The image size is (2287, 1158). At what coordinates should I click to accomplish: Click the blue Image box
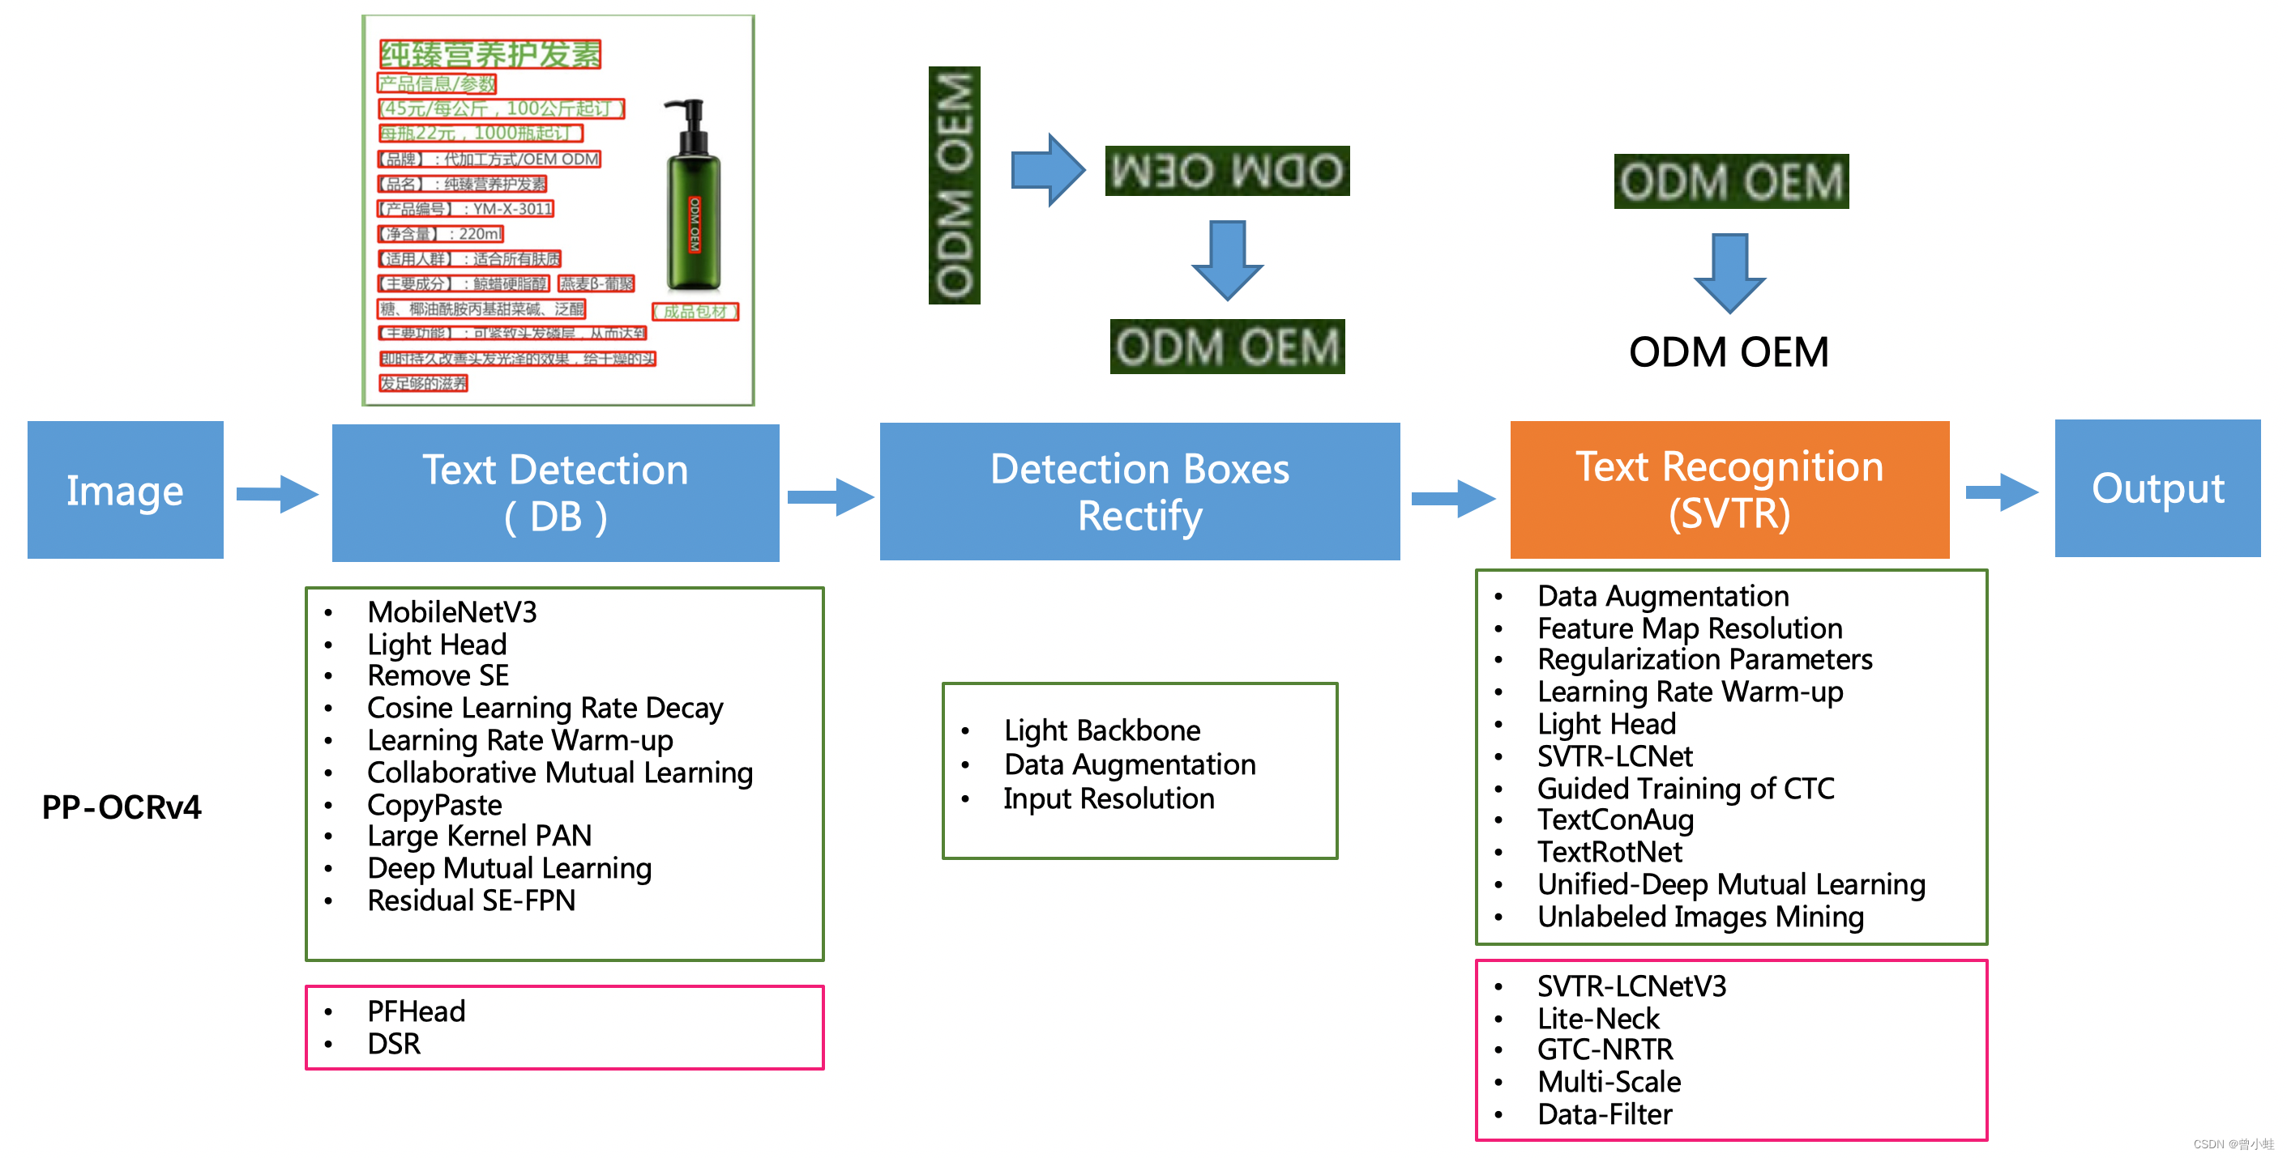click(125, 490)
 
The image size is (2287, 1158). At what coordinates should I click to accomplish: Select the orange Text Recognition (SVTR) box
click(1729, 490)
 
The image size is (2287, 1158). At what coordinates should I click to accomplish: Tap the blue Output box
click(2157, 488)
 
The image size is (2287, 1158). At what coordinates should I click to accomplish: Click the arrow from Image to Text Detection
click(277, 493)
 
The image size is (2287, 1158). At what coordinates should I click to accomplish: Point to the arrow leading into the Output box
click(2001, 492)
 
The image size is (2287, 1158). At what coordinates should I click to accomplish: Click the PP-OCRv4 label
click(122, 807)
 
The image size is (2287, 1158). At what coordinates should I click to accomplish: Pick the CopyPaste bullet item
click(434, 805)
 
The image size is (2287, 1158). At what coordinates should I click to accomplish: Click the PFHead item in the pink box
click(416, 1011)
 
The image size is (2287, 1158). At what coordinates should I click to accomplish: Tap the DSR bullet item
click(393, 1044)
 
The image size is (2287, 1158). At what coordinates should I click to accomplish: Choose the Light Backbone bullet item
click(1102, 730)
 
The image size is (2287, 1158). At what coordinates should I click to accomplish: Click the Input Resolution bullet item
click(1109, 798)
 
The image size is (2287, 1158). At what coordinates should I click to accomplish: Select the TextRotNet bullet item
click(1609, 852)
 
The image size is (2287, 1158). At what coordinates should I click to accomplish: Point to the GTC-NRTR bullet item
click(1605, 1049)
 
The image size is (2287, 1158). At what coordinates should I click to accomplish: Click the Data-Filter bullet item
click(1605, 1114)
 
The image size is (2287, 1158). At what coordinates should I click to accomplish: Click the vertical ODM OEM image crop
click(955, 185)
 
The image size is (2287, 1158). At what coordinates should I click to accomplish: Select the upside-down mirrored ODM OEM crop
click(1227, 170)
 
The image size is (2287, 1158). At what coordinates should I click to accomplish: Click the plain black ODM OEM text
click(1729, 352)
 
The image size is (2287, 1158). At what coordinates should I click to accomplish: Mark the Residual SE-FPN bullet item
click(472, 900)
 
